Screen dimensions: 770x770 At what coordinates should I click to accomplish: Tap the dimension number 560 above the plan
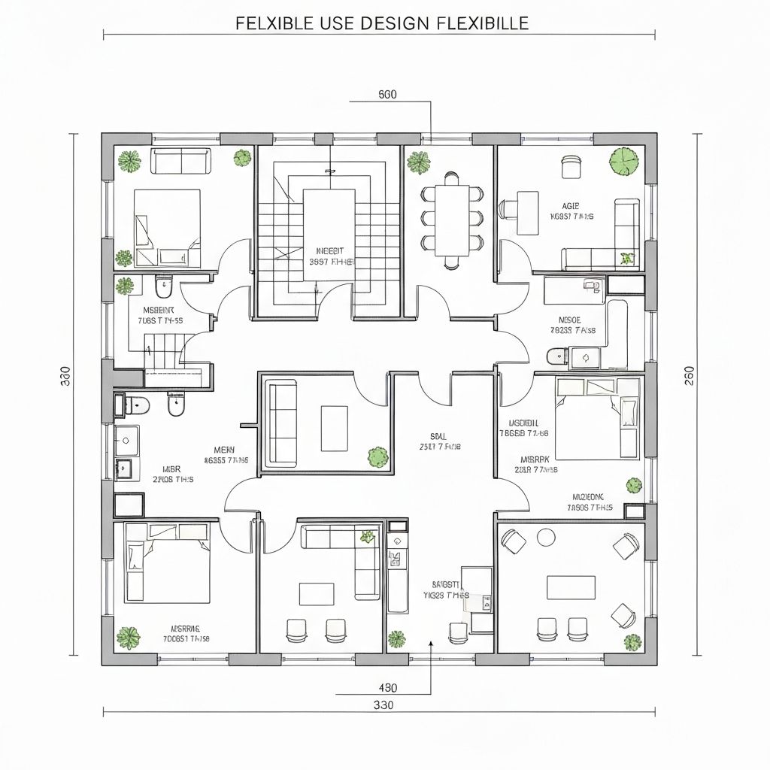pyautogui.click(x=387, y=95)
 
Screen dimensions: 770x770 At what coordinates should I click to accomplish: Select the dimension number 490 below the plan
pyautogui.click(x=387, y=688)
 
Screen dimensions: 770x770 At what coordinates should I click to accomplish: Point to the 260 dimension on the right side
pyautogui.click(x=690, y=375)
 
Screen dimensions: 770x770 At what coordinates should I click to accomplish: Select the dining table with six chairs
pyautogui.click(x=452, y=219)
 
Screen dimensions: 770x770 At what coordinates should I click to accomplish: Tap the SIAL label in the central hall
pyautogui.click(x=438, y=436)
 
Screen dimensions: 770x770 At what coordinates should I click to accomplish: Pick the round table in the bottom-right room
pyautogui.click(x=547, y=537)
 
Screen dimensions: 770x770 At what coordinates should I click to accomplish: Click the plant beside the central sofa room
pyautogui.click(x=377, y=456)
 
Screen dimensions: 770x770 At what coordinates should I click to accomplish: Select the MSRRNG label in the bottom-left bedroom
pyautogui.click(x=186, y=628)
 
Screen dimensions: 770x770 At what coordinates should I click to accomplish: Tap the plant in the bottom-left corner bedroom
pyautogui.click(x=129, y=638)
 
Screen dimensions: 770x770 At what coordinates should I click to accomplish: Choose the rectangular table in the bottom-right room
pyautogui.click(x=571, y=587)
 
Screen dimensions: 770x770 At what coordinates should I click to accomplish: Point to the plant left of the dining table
pyautogui.click(x=417, y=162)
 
